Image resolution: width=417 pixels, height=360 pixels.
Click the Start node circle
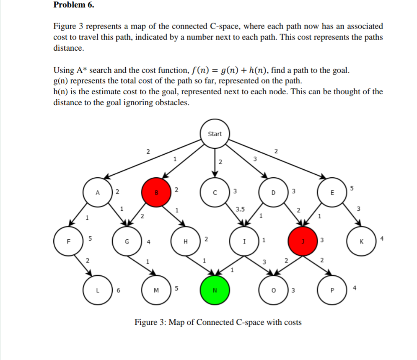tap(215, 134)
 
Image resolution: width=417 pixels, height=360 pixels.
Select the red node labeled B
tap(156, 193)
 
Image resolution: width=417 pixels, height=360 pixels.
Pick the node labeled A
tap(98, 193)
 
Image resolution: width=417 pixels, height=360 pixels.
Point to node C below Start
tap(215, 193)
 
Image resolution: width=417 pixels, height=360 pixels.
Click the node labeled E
tap(332, 193)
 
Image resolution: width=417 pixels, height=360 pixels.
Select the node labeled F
tap(68, 242)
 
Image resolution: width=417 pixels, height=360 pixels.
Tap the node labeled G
tap(127, 242)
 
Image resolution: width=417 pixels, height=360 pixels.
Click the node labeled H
tap(186, 242)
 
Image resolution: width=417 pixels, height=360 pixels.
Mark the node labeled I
tap(244, 242)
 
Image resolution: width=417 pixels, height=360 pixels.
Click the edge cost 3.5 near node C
tap(240, 208)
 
